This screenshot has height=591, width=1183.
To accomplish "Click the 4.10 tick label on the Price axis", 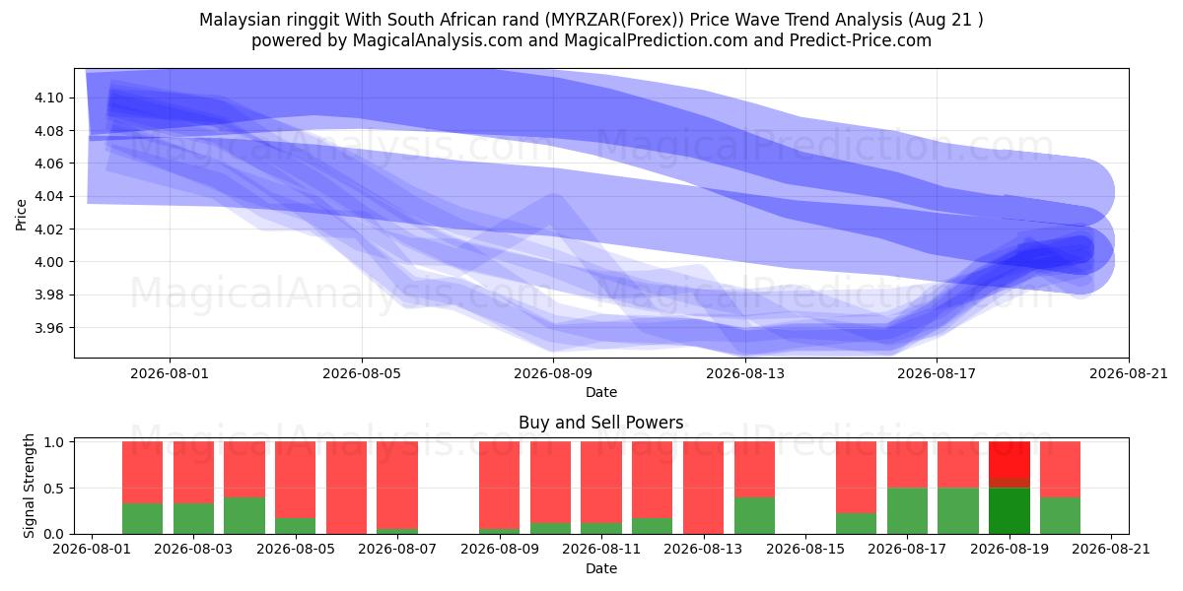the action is (x=48, y=98).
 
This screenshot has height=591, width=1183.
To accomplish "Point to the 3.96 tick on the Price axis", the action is (x=48, y=328).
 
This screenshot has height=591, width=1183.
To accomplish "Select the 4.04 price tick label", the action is (x=48, y=197).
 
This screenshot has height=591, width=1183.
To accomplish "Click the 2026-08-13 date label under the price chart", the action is (x=745, y=373).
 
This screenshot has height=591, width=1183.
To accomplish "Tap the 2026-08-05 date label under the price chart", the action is (x=362, y=373).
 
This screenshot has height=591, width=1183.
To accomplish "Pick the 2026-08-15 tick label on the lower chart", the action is (x=805, y=549).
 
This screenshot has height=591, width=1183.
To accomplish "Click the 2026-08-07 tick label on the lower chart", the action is (x=397, y=549).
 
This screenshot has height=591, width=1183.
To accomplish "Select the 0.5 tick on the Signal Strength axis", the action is (x=54, y=489).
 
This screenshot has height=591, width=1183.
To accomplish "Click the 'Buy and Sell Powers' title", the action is (x=601, y=423).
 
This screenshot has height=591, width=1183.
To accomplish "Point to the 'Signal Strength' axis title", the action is (x=29, y=486).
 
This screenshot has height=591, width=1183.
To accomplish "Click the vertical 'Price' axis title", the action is (x=21, y=216).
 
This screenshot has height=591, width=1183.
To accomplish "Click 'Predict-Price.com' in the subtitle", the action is (x=861, y=40).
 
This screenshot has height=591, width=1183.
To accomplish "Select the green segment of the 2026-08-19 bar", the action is (x=1009, y=511).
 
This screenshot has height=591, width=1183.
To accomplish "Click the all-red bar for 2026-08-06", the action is (x=346, y=488).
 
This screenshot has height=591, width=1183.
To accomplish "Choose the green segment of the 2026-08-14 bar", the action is (x=754, y=515).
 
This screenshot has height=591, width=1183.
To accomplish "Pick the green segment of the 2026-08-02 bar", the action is (x=143, y=519).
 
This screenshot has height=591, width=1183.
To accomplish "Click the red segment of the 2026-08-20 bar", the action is (x=1061, y=470).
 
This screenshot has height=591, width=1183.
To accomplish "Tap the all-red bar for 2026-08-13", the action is (x=704, y=488).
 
